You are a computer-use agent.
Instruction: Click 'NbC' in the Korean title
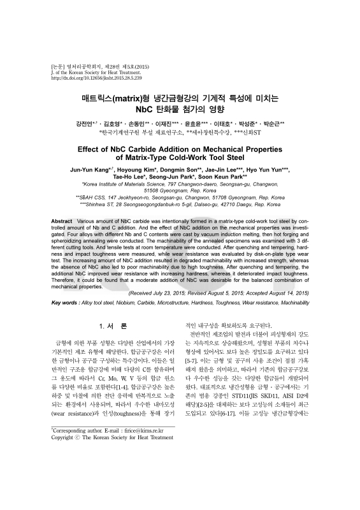[x=154, y=109]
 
